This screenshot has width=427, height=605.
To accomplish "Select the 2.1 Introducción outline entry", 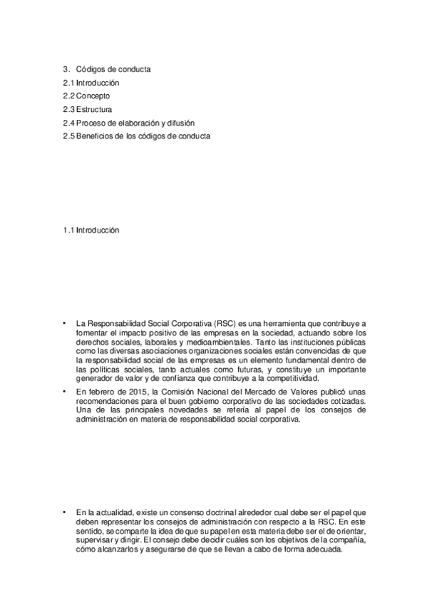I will click(91, 83).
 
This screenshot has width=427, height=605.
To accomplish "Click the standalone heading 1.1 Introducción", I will click(91, 230).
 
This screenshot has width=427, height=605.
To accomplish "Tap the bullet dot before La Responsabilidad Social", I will click(64, 324).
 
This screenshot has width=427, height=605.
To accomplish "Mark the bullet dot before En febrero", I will click(64, 393).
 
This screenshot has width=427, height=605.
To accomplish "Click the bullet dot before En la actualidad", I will click(64, 512).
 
